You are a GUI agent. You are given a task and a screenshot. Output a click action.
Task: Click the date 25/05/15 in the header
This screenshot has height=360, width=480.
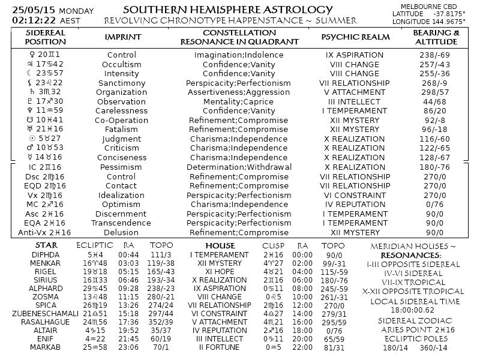29,10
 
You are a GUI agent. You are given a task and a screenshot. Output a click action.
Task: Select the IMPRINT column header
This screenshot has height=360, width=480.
122,37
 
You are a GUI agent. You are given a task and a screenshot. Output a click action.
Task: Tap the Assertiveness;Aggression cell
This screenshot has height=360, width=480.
239,92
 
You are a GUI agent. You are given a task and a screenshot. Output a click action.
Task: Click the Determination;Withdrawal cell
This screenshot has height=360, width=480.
239,167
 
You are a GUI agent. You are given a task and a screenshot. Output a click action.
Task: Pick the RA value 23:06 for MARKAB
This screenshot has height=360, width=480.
128,347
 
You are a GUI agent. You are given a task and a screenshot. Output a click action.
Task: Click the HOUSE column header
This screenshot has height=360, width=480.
220,246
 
